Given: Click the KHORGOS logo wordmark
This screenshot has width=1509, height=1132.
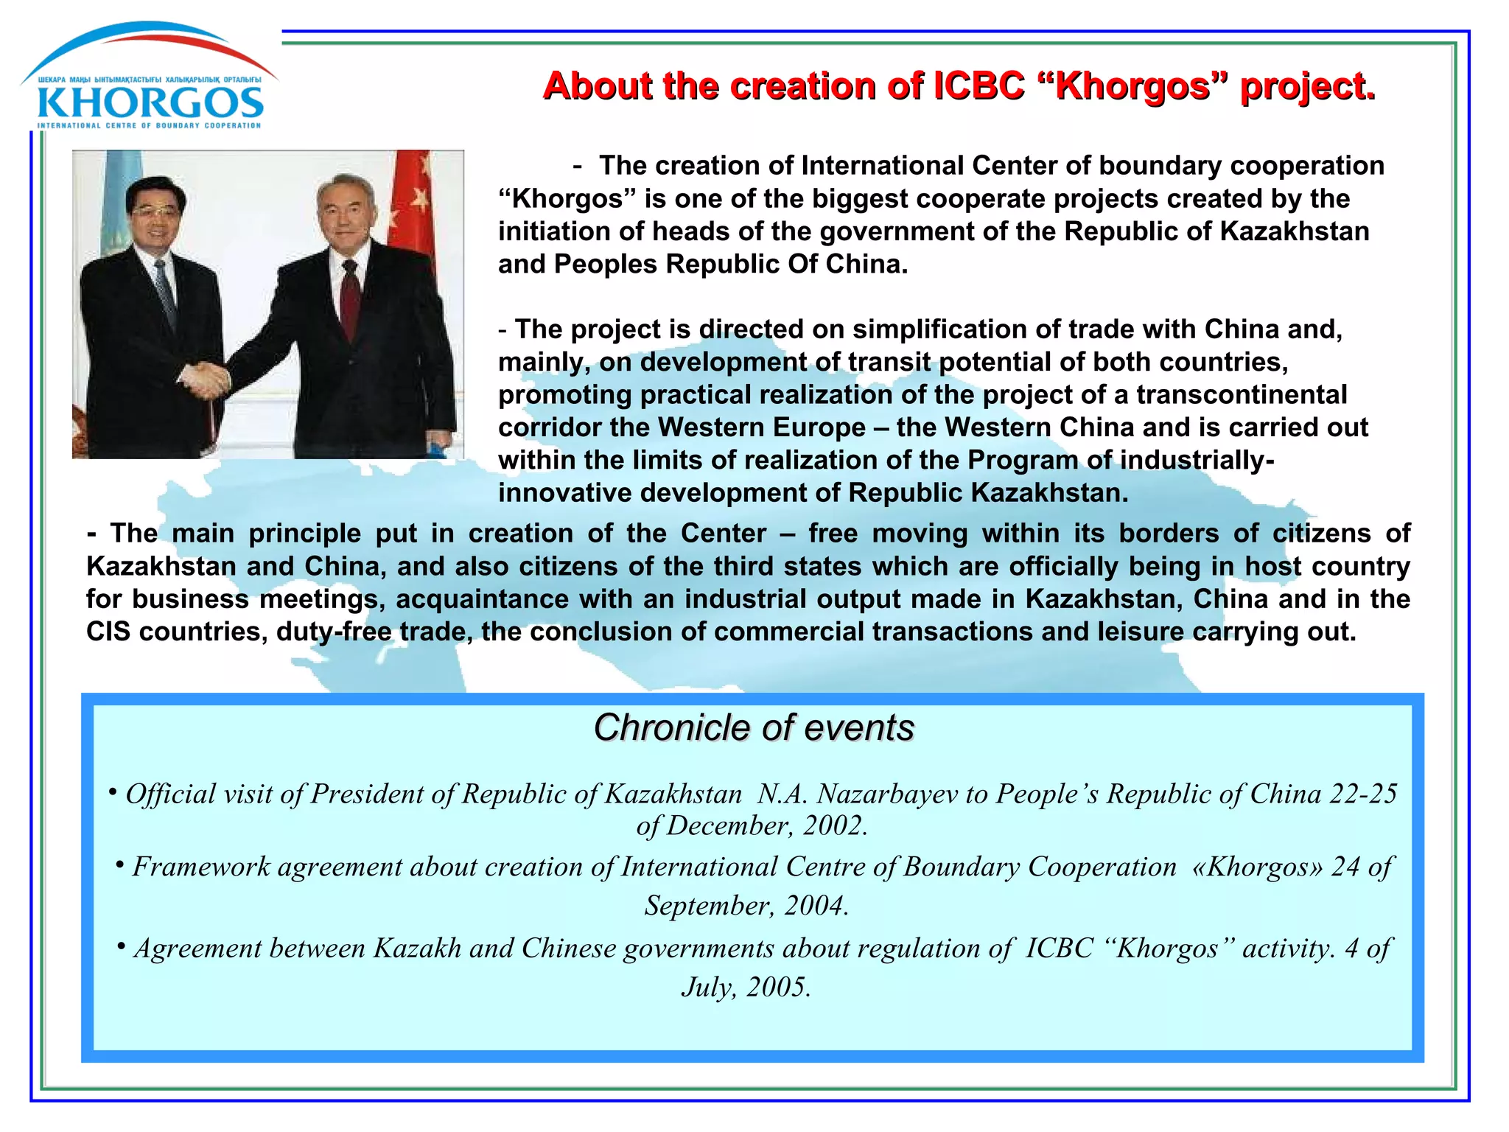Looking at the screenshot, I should coord(150,103).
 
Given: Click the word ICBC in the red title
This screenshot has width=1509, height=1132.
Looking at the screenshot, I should coord(978,86).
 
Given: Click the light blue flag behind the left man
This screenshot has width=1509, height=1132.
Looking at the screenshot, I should coord(117,199).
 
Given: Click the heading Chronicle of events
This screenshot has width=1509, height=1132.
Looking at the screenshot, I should coord(754,728).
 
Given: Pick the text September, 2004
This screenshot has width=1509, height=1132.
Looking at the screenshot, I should coord(746,906).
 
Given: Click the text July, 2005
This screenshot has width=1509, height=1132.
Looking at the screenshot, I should coord(746,987).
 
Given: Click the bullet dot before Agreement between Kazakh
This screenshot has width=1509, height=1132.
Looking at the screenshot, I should coord(121,945).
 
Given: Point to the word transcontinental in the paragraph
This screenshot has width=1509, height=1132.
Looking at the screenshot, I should coord(1241,395).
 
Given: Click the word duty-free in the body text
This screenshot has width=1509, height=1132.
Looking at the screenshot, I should coord(334,632).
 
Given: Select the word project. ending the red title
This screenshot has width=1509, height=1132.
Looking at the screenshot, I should coord(1307,86).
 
